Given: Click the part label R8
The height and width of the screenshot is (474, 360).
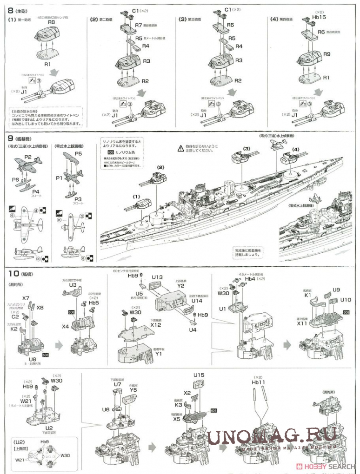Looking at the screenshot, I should (x=52, y=22).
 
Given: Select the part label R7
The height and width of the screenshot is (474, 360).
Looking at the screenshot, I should (x=139, y=25).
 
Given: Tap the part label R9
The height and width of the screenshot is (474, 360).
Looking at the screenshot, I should (x=327, y=54).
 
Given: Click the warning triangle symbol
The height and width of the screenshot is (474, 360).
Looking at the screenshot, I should (x=180, y=148).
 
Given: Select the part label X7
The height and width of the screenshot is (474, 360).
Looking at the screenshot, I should (x=25, y=298).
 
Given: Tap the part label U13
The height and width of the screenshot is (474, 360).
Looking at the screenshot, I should (x=157, y=277).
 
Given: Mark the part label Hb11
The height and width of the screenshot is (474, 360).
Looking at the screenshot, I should (x=258, y=382).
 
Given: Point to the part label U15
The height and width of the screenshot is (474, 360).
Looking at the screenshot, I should (x=199, y=375).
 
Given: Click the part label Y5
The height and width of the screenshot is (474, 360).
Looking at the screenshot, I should (x=133, y=390).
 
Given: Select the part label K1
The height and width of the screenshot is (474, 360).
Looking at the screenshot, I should (x=307, y=295).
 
